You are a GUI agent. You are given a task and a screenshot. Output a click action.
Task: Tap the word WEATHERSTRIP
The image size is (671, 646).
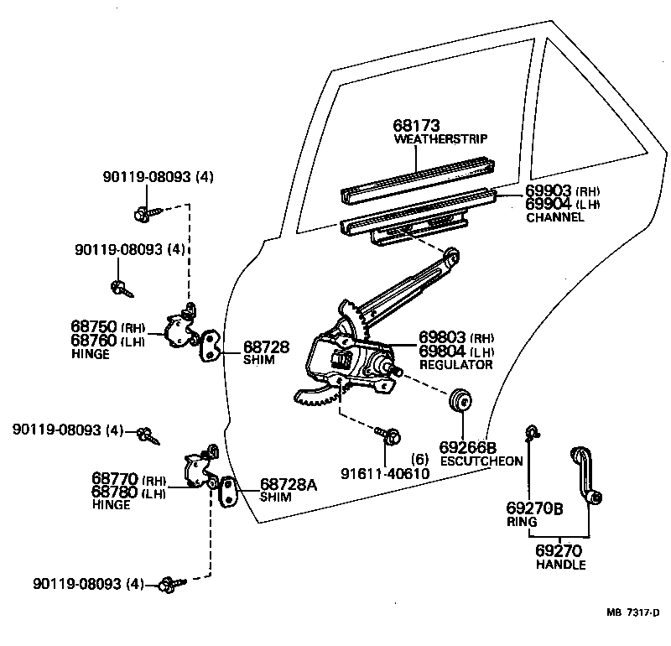440,138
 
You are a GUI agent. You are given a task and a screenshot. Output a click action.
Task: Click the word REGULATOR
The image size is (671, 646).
455,364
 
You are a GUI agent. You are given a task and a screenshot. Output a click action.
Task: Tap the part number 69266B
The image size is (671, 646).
468,446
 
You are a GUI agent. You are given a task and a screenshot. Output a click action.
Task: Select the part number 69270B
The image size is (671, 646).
533,508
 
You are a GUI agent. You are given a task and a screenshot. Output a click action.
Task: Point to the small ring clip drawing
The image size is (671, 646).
530,433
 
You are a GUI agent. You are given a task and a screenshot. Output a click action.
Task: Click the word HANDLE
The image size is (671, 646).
560,565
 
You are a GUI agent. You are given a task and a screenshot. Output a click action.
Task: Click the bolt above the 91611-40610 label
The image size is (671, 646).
391,436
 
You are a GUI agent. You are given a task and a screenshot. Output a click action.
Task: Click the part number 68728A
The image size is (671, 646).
288,484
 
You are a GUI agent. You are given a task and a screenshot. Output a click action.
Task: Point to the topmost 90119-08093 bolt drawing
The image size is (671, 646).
142,213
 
